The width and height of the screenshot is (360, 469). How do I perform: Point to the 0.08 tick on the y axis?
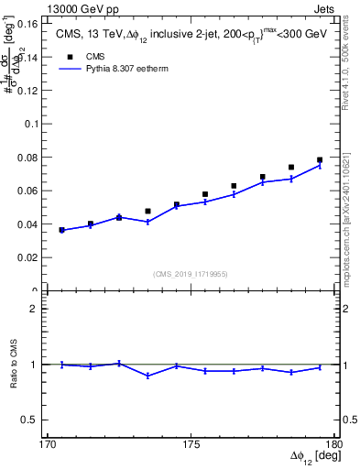(39, 157)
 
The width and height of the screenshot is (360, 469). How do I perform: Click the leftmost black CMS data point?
(62, 230)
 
